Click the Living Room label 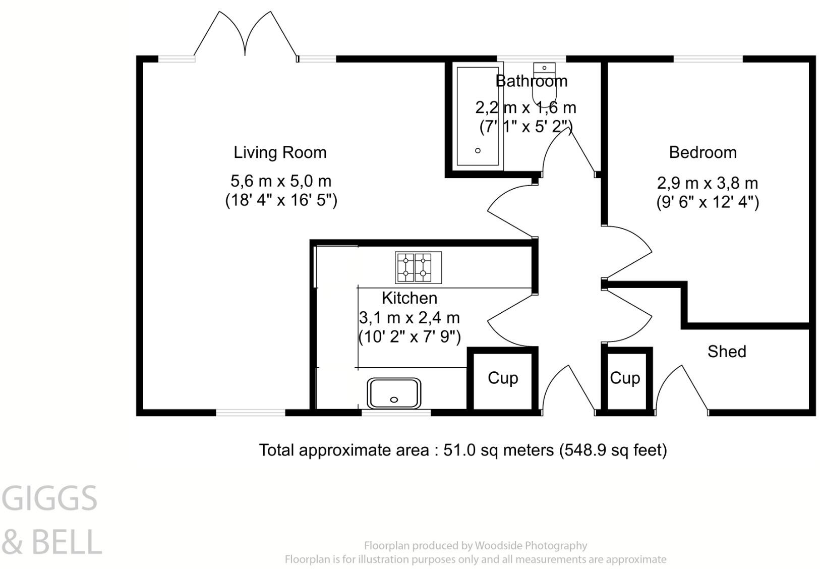(x=280, y=153)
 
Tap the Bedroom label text (x=703, y=153)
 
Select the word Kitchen (x=409, y=298)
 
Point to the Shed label (x=727, y=352)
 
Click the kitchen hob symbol (x=418, y=268)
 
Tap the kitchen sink (x=394, y=393)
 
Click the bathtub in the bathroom (x=478, y=116)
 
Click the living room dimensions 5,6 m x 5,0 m (x=281, y=181)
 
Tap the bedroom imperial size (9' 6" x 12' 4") (x=708, y=202)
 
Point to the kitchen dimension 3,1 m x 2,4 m (x=409, y=318)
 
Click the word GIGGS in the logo (x=49, y=498)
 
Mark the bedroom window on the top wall (x=709, y=59)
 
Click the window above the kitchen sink (x=396, y=413)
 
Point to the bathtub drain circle (x=478, y=150)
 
